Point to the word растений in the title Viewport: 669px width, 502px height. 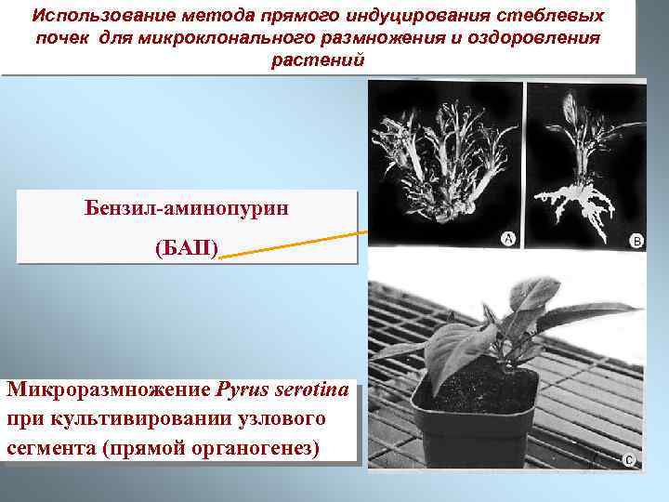tap(318, 60)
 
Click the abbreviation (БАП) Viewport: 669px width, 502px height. tap(186, 249)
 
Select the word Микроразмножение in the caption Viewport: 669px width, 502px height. tap(110, 389)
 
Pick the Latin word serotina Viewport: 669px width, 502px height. tap(309, 389)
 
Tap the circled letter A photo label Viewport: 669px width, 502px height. tap(508, 239)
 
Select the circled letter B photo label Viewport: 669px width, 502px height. tap(636, 241)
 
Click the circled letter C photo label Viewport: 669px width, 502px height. tap(629, 458)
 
